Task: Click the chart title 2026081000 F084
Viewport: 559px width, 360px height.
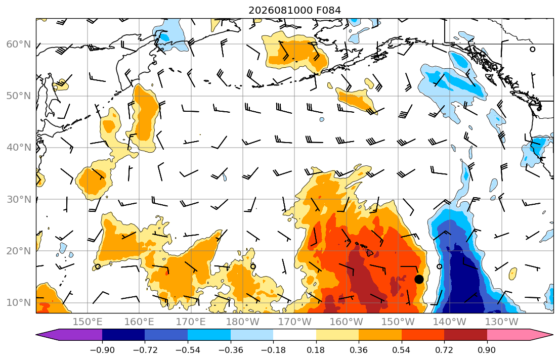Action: point(294,10)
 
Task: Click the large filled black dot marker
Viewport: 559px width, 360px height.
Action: point(419,279)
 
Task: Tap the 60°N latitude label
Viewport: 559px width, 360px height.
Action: point(19,44)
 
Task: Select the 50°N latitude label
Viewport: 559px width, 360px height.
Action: point(19,96)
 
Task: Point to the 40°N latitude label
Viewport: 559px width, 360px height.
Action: point(19,147)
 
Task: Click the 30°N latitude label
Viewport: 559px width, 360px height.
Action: point(19,199)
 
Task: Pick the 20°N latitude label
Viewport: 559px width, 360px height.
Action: point(19,251)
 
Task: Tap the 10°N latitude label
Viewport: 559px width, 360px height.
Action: point(19,302)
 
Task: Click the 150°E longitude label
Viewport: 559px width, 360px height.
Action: point(88,322)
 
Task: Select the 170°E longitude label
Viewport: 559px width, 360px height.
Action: point(191,322)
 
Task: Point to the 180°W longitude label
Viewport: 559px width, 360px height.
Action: point(243,322)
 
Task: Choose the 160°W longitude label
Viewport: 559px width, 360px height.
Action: point(346,322)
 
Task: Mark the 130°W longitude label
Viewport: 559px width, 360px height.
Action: point(501,322)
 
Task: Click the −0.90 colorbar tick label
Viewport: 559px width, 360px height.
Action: point(102,350)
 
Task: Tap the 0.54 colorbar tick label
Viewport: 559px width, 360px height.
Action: point(402,350)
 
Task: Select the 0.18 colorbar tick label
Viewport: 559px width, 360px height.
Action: point(316,350)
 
